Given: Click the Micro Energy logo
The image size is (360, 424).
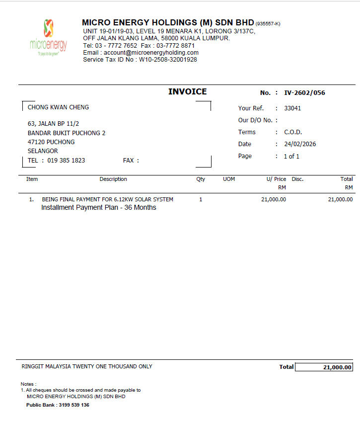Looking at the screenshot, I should pyautogui.click(x=48, y=37).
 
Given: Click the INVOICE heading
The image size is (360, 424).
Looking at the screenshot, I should pyautogui.click(x=187, y=91).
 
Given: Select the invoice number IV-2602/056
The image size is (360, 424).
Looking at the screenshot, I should pyautogui.click(x=304, y=93).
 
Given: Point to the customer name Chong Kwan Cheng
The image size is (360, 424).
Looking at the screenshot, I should pyautogui.click(x=58, y=107).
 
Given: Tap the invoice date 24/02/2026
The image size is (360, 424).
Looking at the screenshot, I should pyautogui.click(x=300, y=144).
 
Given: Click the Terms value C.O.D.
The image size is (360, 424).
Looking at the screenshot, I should pyautogui.click(x=293, y=132).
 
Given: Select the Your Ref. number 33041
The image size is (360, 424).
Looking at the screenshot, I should pyautogui.click(x=292, y=108).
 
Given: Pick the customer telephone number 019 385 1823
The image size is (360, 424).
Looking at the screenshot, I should pyautogui.click(x=66, y=161).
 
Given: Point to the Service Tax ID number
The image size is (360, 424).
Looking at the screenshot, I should pyautogui.click(x=168, y=60).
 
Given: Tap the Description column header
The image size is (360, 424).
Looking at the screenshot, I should pyautogui.click(x=113, y=179).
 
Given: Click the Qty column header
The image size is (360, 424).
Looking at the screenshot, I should pyautogui.click(x=201, y=179).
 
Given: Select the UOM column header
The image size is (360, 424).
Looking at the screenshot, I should pyautogui.click(x=229, y=179).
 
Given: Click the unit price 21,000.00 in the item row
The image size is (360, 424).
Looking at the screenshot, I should pyautogui.click(x=273, y=199).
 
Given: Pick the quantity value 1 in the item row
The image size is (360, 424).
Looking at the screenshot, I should pyautogui.click(x=201, y=199).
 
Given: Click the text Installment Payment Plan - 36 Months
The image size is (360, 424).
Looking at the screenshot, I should pyautogui.click(x=98, y=207).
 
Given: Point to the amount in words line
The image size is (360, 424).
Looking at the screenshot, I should pyautogui.click(x=87, y=366).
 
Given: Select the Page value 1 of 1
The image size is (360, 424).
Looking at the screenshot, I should pyautogui.click(x=291, y=156).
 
